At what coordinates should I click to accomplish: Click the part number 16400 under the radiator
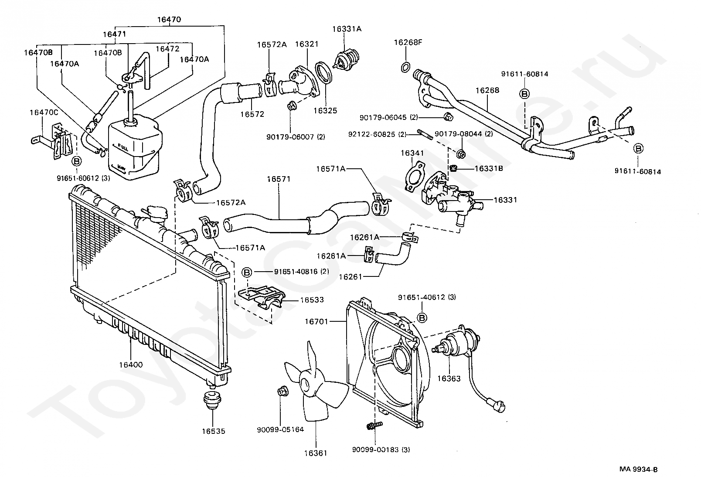pos(131,365)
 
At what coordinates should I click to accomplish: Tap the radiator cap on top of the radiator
pos(157,212)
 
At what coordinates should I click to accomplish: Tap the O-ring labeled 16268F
pos(406,67)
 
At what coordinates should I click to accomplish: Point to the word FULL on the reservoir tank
pos(123,147)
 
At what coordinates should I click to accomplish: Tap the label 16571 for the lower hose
pos(279,179)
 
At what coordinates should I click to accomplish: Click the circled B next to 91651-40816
pos(247,273)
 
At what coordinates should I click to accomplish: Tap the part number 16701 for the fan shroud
pos(316,321)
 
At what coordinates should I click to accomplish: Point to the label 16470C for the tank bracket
pos(44,112)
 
